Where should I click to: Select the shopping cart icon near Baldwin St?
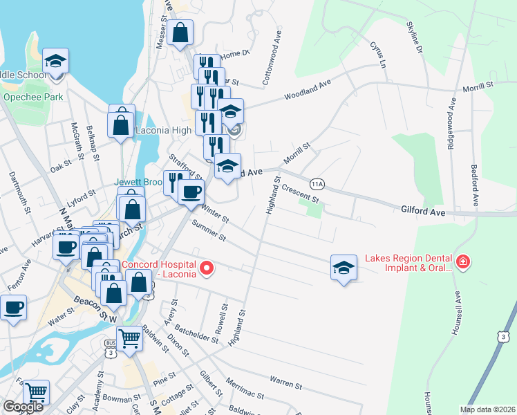pos(129,339)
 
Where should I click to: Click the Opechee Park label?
pos(33,98)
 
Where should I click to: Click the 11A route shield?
pos(317,184)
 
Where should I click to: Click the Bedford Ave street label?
pos(475,185)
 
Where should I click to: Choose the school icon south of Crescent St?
pos(344,267)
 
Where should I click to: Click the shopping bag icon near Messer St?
pos(180,32)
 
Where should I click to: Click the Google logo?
pos(23,407)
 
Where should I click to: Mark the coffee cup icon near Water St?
pos(12,306)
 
